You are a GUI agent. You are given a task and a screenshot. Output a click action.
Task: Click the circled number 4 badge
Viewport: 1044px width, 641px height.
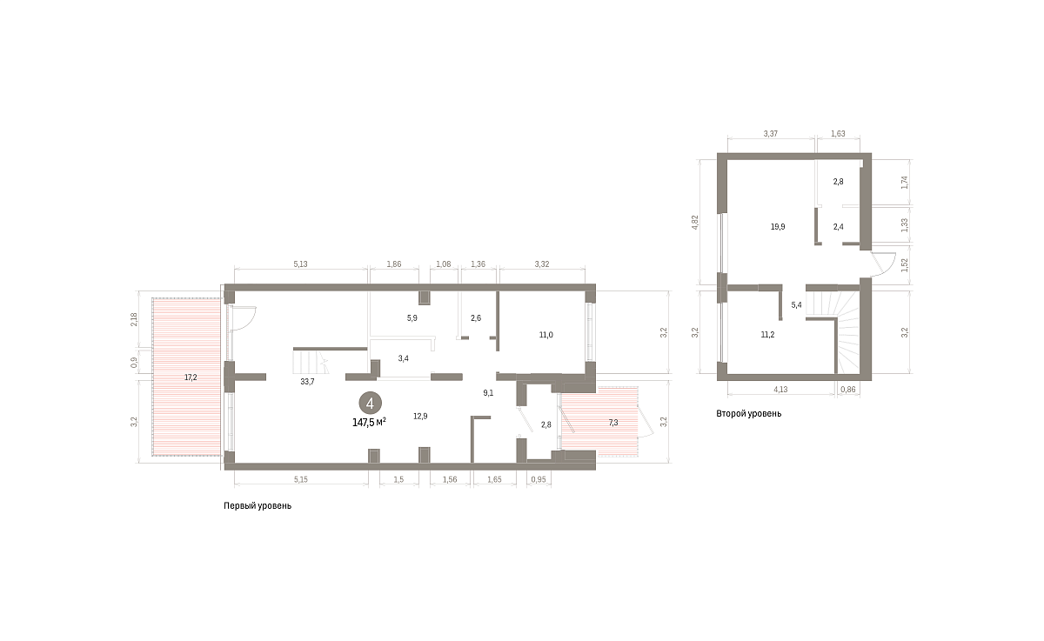[x=370, y=404]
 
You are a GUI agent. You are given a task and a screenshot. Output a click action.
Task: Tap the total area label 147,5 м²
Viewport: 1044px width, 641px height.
[x=369, y=423]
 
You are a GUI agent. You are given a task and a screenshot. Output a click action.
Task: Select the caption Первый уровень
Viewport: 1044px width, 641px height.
[x=258, y=506]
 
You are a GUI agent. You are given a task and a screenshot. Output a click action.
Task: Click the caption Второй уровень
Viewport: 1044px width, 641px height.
[x=749, y=414]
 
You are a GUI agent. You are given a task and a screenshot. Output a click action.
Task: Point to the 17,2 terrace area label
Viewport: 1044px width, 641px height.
[x=191, y=377]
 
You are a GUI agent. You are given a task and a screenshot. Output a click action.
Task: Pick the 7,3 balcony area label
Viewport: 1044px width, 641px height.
[x=613, y=423]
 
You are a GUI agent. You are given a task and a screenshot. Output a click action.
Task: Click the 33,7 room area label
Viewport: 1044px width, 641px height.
[x=308, y=382]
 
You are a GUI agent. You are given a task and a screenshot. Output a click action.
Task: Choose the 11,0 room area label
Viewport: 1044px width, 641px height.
[x=545, y=335]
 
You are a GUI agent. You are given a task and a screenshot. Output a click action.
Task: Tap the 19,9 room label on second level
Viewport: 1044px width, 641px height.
[x=778, y=227]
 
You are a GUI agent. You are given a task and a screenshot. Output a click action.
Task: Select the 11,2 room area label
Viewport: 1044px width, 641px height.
[x=767, y=335]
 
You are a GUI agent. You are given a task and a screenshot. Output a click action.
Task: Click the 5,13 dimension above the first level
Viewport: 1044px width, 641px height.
[x=301, y=264]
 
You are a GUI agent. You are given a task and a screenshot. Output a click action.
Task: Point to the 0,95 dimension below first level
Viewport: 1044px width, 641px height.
[x=539, y=479]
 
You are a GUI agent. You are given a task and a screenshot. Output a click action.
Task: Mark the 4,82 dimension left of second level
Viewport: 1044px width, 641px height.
[x=695, y=222]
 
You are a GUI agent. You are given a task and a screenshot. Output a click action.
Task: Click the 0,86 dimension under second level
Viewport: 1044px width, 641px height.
[x=847, y=390]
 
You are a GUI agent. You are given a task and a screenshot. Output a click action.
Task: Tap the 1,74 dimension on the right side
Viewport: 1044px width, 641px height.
[x=905, y=182]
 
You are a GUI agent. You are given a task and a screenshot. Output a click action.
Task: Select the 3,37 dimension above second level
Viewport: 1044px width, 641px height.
[x=771, y=134]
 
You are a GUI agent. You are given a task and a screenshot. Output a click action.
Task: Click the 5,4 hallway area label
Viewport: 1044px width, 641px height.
[x=797, y=305]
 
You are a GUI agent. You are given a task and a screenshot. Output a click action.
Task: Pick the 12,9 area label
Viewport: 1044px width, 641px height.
[x=420, y=416]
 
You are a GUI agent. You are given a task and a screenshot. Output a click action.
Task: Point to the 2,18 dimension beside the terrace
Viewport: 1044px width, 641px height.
[x=134, y=319]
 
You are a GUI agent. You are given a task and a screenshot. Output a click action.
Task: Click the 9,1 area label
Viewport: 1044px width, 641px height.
[x=488, y=393]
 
